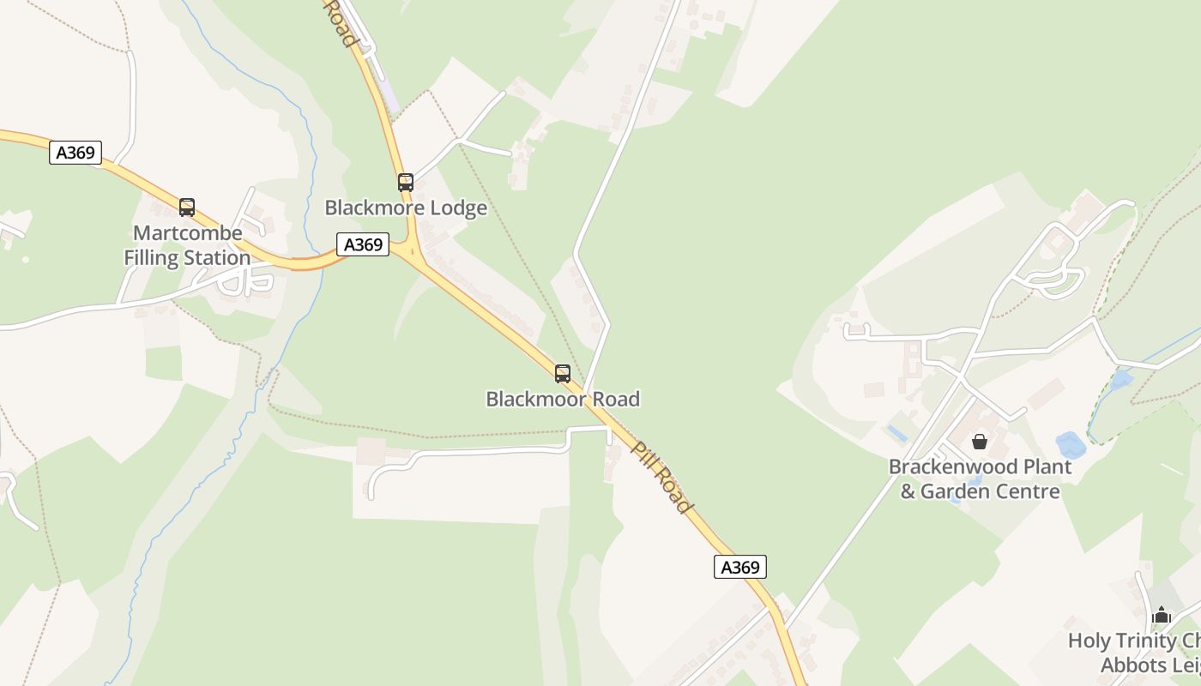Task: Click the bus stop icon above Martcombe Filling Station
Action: click(186, 208)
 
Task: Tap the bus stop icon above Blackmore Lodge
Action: click(406, 183)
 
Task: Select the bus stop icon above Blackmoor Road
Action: click(563, 374)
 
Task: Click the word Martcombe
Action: click(188, 233)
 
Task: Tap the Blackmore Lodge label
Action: click(406, 208)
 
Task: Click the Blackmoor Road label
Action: click(563, 399)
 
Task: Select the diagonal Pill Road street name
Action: click(661, 477)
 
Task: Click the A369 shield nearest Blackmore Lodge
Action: click(363, 245)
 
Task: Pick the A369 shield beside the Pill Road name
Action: click(739, 567)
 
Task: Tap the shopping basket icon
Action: click(980, 442)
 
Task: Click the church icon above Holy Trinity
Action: click(1162, 615)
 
